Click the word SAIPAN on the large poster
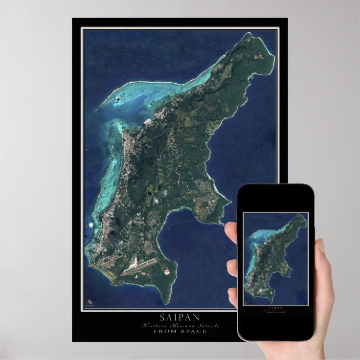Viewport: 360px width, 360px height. point(180,317)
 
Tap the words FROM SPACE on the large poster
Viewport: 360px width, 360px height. point(180,331)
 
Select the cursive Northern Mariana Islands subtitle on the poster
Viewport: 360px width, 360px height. point(180,325)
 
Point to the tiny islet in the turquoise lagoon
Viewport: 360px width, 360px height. point(118,99)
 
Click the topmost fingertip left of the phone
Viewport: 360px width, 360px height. point(230,230)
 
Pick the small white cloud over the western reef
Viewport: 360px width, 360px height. point(91,225)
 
